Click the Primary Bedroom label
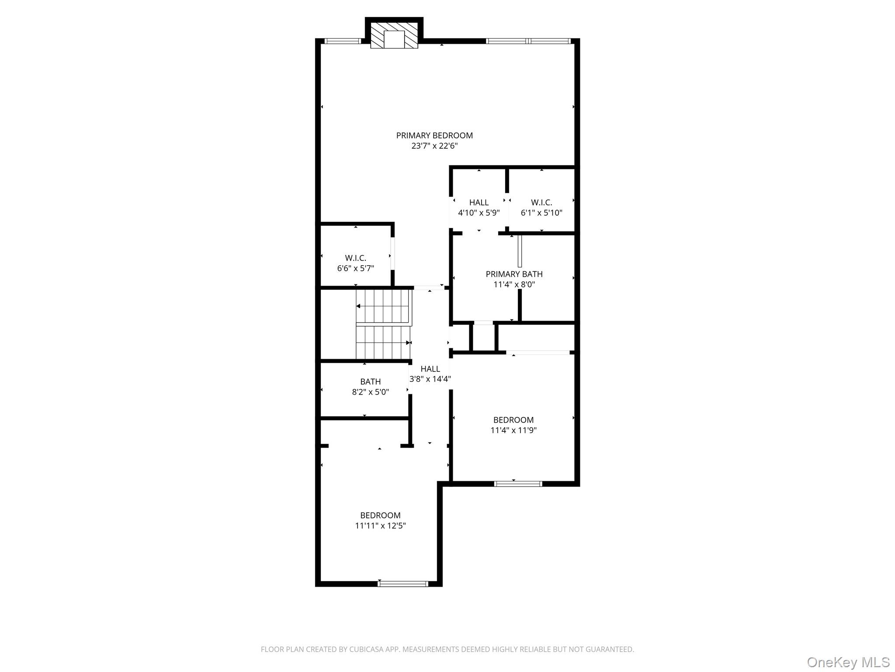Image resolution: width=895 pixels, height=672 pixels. tap(434, 136)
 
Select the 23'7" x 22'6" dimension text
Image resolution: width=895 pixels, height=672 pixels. tap(434, 146)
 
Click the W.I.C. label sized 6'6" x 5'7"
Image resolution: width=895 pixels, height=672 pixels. tap(355, 258)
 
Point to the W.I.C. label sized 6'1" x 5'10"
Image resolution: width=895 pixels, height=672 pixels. tap(541, 203)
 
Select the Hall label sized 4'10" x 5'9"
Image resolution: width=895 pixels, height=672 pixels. tap(479, 203)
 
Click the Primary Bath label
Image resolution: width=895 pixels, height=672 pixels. tap(514, 274)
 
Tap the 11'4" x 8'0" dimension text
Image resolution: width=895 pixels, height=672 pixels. tap(514, 284)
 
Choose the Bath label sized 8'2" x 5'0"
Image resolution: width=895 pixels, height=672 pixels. tap(370, 382)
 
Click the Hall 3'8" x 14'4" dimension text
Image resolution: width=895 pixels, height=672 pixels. tap(430, 379)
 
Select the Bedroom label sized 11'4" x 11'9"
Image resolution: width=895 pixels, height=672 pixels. tap(513, 420)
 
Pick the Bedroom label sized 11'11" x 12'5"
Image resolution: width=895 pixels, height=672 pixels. tap(380, 515)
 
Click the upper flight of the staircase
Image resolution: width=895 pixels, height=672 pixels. tap(384, 306)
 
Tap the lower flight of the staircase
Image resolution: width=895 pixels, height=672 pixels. tap(383, 343)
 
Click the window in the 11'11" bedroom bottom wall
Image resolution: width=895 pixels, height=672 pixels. tap(402, 583)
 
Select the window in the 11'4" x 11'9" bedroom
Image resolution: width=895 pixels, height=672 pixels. tap(518, 483)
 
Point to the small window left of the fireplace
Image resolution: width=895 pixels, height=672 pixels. tap(343, 41)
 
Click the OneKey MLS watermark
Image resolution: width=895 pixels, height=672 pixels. tap(848, 662)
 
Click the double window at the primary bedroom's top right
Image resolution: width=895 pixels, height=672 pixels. tap(528, 41)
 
